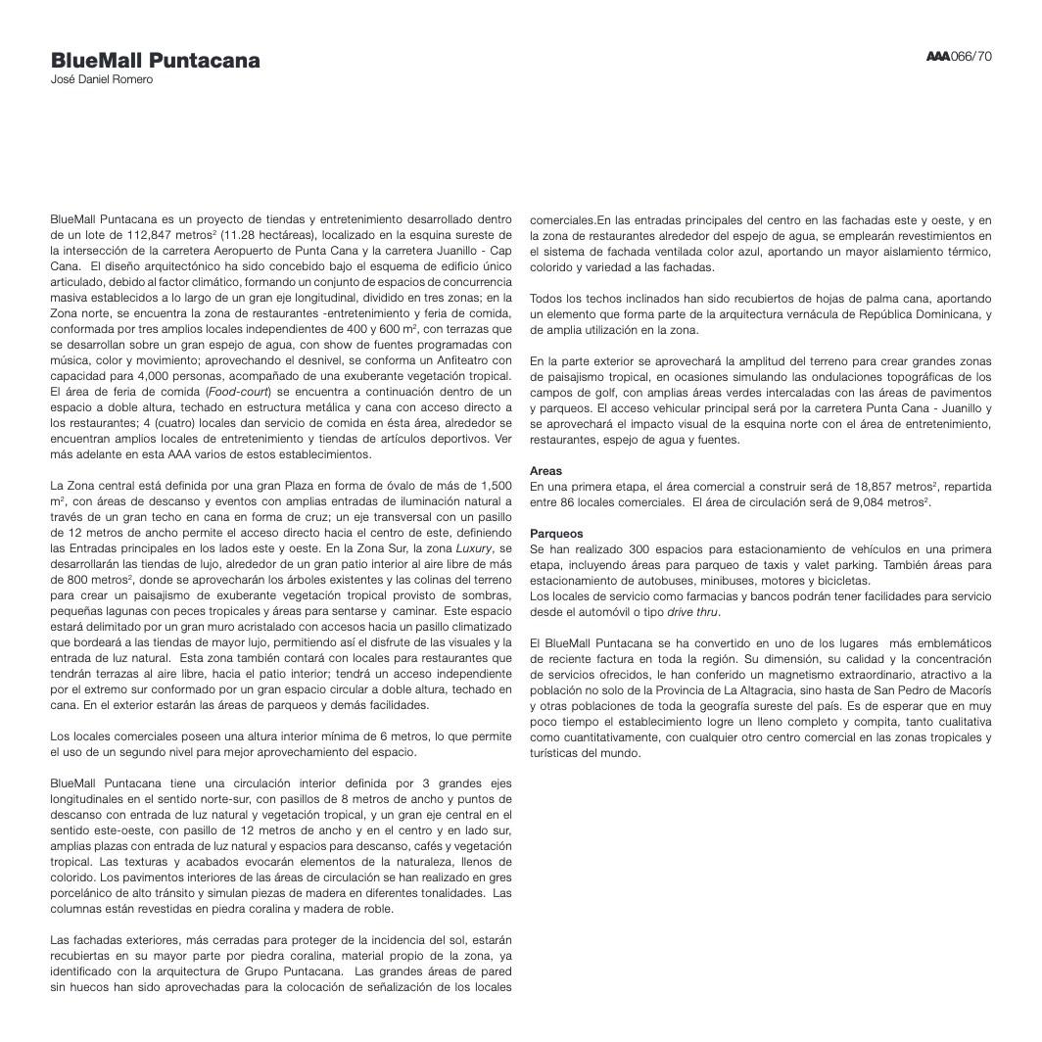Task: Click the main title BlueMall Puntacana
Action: point(155,61)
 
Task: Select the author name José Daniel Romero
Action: point(102,80)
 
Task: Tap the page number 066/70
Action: point(971,56)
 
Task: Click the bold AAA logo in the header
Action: point(937,56)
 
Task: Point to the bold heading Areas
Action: point(545,471)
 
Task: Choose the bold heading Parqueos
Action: point(556,534)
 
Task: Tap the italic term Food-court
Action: point(237,392)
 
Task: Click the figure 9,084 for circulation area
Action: point(876,502)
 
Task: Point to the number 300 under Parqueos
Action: point(639,549)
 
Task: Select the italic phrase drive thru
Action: point(692,612)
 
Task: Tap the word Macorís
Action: point(967,690)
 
